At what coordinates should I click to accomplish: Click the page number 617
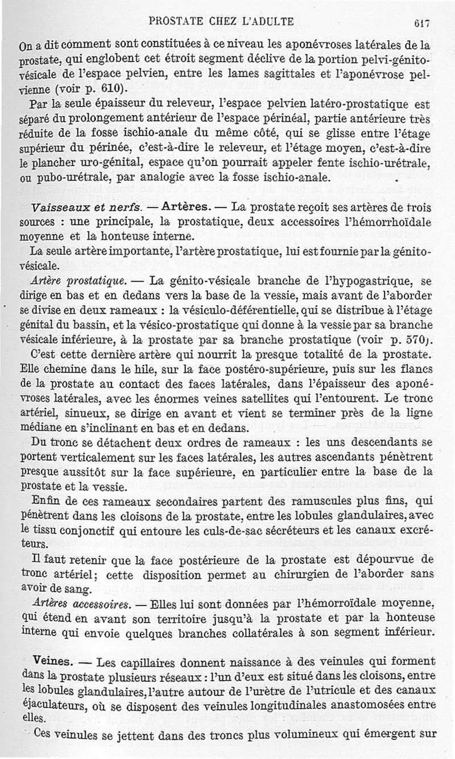[421, 23]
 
